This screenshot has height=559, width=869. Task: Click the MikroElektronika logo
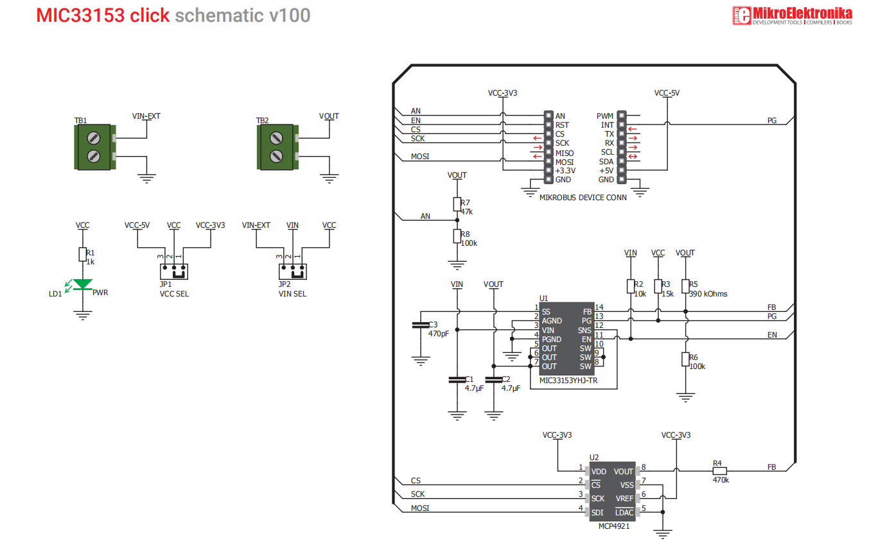(792, 15)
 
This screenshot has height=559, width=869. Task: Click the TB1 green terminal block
(95, 147)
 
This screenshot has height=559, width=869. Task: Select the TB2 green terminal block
(277, 147)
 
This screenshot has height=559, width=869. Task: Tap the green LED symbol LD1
(82, 284)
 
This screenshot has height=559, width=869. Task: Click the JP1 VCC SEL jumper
(174, 271)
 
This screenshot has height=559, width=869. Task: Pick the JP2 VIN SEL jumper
(292, 271)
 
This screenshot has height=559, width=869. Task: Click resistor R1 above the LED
(82, 254)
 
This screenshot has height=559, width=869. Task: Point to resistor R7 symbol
(457, 204)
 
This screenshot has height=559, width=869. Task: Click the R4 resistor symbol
(719, 471)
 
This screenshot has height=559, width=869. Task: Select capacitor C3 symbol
(421, 325)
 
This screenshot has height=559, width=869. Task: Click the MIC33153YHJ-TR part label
(568, 381)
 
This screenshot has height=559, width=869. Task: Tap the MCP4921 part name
(614, 526)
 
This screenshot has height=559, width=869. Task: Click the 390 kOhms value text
(708, 294)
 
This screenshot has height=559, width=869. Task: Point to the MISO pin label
(564, 153)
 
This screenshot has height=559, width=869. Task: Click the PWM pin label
(605, 116)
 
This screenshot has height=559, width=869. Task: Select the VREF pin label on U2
(624, 499)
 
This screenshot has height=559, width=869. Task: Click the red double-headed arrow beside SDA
(633, 157)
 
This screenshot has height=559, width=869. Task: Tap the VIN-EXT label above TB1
(146, 116)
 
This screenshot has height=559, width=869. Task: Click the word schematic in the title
(219, 15)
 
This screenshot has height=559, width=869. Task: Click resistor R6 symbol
(685, 359)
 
